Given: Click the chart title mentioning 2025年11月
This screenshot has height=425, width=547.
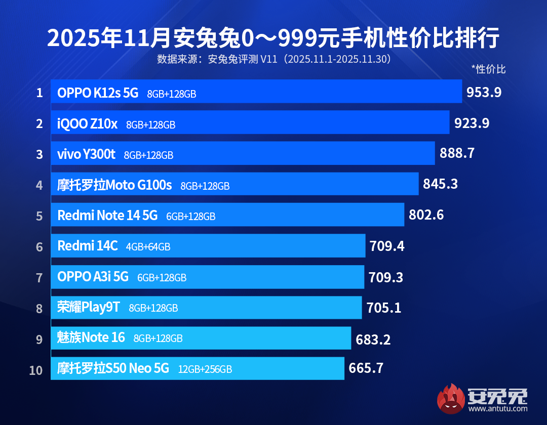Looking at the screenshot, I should point(273,38).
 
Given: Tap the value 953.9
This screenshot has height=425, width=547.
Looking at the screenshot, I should point(484,92).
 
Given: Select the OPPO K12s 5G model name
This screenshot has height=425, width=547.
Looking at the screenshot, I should point(98,93).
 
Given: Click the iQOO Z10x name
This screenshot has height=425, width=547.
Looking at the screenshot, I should point(87,123).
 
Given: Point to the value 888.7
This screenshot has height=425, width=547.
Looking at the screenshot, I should point(457,153).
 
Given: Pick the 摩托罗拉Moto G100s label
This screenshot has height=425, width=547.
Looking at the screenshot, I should point(114,185).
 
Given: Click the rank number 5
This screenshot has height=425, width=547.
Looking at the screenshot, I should point(40,216).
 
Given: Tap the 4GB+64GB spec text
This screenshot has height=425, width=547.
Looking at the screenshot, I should point(148,247).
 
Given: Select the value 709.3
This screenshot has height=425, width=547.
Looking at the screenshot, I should point(386,277).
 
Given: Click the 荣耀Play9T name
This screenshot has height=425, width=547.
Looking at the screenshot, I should point(89,307).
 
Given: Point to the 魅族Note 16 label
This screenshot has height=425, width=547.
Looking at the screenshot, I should point(91,337).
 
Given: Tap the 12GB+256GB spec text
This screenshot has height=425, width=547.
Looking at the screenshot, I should point(205,369).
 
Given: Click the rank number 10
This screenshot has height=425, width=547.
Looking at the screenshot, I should point(36,370).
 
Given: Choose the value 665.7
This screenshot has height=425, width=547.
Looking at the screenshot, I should point(366,368).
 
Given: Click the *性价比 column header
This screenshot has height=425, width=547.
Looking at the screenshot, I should point(488,69).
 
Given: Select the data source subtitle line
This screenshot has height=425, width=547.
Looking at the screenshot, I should point(273,59).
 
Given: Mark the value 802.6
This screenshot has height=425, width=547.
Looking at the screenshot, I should point(426,215).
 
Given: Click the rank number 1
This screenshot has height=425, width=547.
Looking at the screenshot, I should point(40,93).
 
